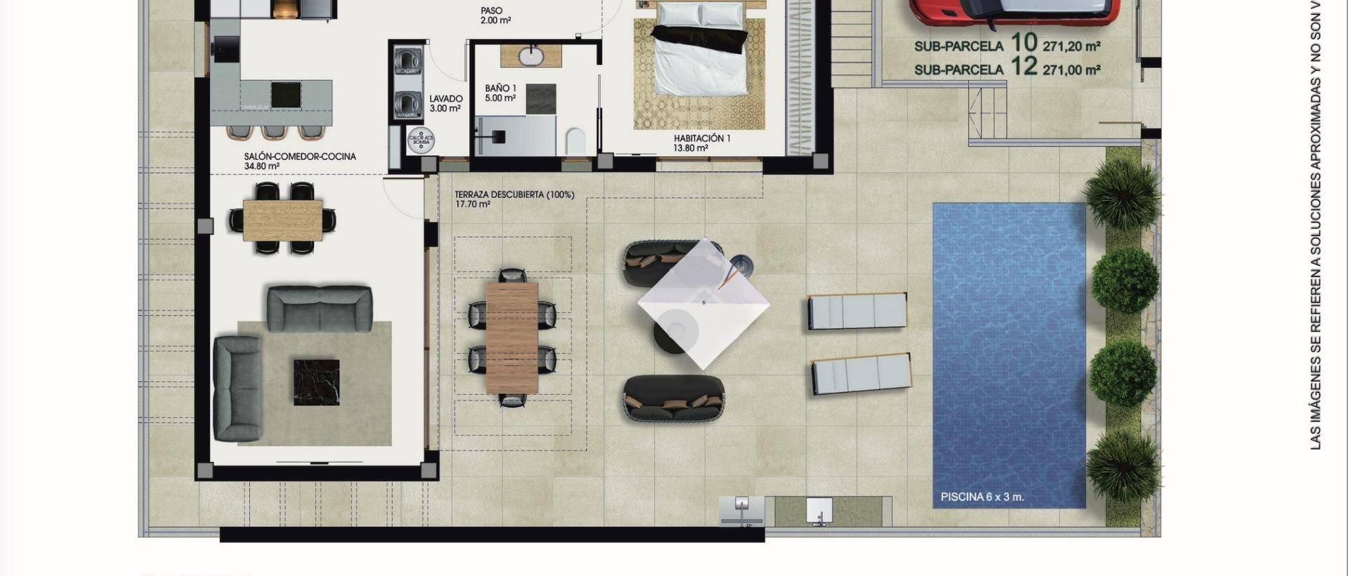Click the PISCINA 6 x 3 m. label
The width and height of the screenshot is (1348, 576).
[982, 497]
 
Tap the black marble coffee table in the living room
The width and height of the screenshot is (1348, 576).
[316, 382]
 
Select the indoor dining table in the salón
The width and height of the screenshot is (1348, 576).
[282, 220]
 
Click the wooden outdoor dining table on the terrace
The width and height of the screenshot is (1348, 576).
[512, 337]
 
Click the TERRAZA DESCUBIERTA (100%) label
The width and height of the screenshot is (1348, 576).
[514, 195]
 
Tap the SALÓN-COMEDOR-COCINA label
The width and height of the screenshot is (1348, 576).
[300, 157]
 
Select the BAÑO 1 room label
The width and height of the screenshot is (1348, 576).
[500, 89]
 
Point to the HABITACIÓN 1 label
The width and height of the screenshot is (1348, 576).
[701, 138]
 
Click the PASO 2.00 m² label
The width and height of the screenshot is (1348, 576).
[491, 11]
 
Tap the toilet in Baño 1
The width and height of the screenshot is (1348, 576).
[575, 140]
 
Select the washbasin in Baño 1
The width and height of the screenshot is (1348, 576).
[531, 55]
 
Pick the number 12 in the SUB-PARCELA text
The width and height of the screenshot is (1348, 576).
[1024, 67]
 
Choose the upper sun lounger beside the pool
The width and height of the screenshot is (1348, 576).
[857, 311]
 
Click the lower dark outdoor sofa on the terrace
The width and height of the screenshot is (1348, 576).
[673, 398]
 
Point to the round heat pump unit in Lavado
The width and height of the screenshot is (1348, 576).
[421, 139]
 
